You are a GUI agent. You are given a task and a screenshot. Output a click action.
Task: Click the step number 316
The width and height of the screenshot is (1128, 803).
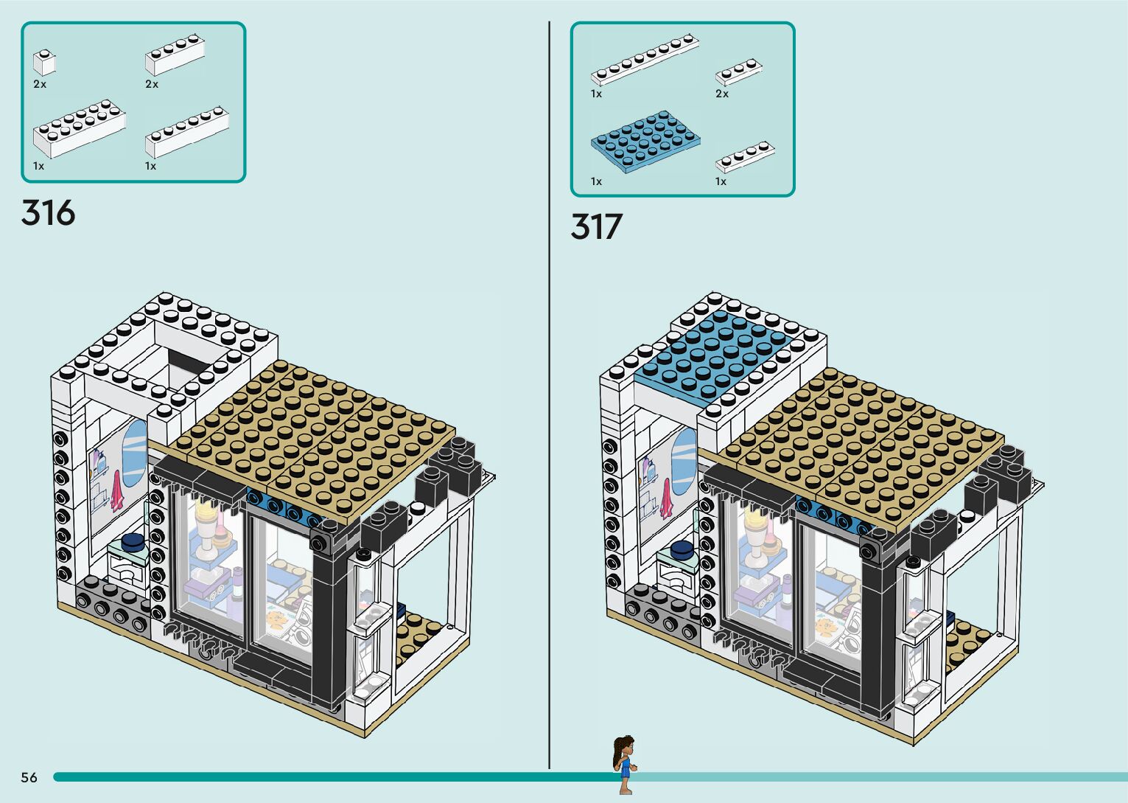click(49, 213)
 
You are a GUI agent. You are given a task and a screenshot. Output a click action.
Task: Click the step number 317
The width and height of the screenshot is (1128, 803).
click(596, 227)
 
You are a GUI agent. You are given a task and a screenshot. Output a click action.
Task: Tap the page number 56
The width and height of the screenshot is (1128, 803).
click(29, 777)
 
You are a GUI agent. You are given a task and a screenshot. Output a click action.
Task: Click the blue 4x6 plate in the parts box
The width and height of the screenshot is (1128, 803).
click(645, 142)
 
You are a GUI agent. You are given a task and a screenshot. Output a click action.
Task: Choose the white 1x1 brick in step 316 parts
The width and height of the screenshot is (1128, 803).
click(44, 62)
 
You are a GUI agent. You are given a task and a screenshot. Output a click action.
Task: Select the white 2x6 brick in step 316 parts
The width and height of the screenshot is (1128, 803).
click(79, 132)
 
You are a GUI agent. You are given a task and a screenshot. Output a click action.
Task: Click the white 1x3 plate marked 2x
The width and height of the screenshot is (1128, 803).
click(738, 72)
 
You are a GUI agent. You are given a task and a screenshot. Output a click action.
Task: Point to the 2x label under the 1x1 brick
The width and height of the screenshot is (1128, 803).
click(40, 85)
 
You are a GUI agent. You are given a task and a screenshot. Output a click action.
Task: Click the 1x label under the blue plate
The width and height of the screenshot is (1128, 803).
click(596, 181)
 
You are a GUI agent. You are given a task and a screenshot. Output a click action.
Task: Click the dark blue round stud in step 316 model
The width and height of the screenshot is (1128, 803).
click(133, 543)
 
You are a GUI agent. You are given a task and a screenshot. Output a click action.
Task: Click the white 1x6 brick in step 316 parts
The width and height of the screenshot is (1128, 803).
click(187, 133)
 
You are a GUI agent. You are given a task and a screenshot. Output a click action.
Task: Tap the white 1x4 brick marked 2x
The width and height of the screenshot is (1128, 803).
click(175, 55)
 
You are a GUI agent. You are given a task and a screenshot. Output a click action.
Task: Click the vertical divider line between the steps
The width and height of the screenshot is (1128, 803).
click(549, 369)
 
